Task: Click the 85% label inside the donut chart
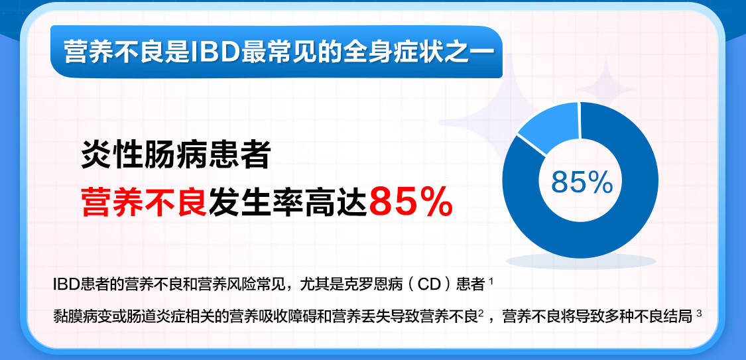coord(582,182)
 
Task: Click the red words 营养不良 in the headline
coord(144,202)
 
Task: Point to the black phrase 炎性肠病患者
coord(176,154)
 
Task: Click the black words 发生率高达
coord(288,202)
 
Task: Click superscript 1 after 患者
coord(491,282)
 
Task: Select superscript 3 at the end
coord(699,313)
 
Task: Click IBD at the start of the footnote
coord(65,284)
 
